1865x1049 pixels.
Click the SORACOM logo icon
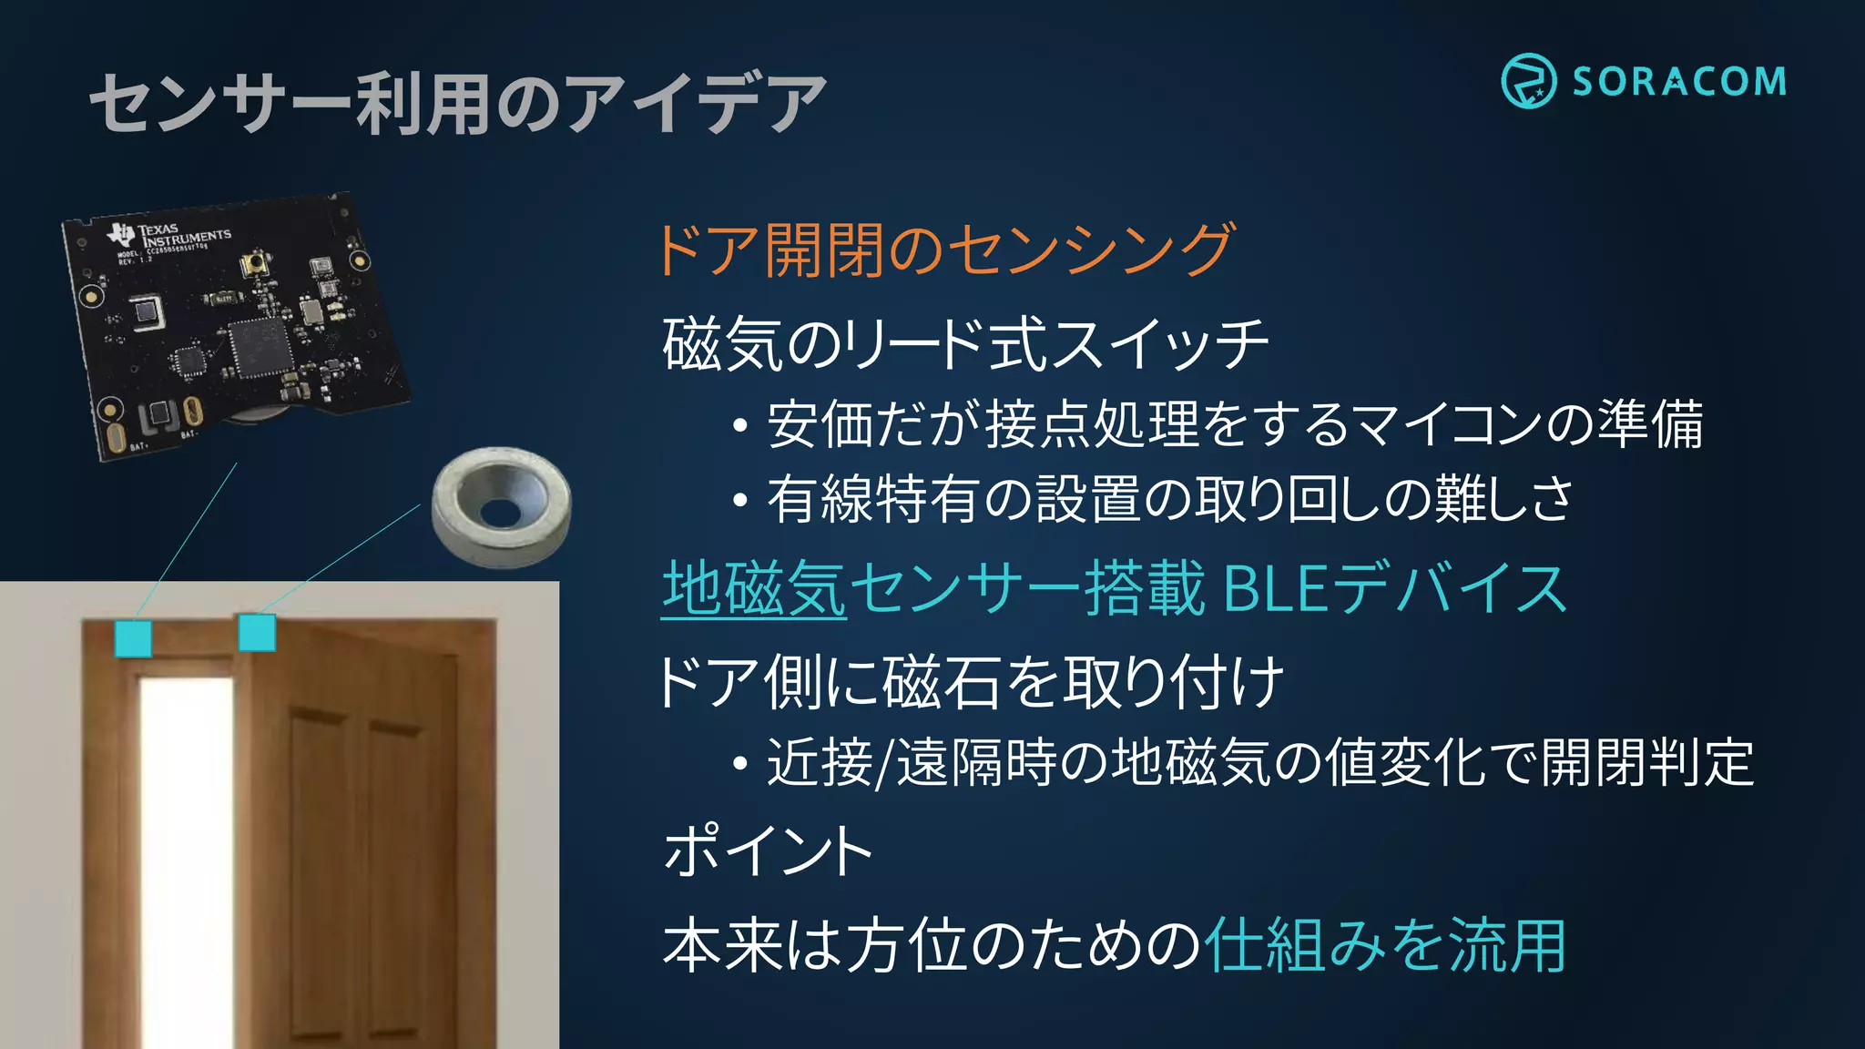click(x=1528, y=81)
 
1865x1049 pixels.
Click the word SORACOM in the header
click(x=1679, y=82)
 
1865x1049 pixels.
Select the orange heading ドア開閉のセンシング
click(x=944, y=250)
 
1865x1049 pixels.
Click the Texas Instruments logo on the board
click(x=121, y=233)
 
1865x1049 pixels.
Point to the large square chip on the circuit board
click(x=260, y=347)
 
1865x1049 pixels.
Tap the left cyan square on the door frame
click(x=133, y=638)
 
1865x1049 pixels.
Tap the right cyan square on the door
click(x=257, y=633)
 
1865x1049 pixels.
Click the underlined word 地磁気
click(x=754, y=589)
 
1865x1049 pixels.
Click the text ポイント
click(x=768, y=850)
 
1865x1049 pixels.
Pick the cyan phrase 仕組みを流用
click(x=1384, y=946)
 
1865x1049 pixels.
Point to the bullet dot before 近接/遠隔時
click(x=740, y=763)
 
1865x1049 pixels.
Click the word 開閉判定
click(x=1646, y=763)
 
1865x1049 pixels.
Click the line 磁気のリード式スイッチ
click(x=965, y=345)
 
